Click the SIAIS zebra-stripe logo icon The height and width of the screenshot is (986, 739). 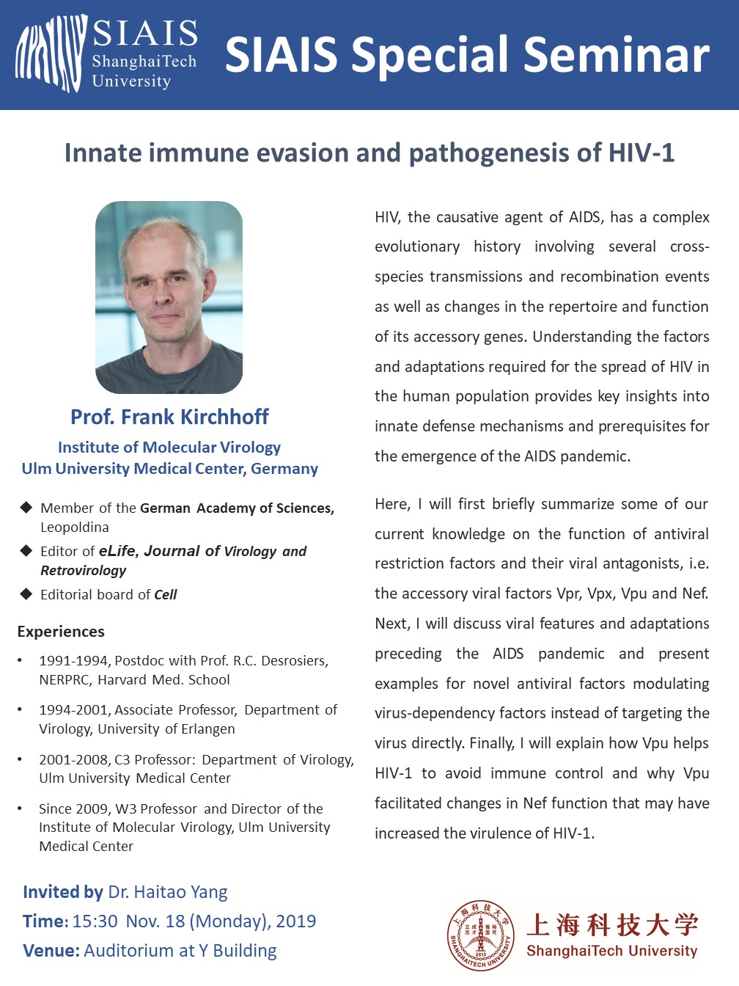[x=51, y=54]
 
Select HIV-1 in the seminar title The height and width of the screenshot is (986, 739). [x=641, y=153]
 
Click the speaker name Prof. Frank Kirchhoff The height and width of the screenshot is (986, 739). [x=169, y=417]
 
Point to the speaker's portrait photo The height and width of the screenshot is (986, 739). [x=169, y=297]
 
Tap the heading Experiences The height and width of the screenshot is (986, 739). [x=61, y=632]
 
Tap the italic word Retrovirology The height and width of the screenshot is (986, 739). [x=83, y=571]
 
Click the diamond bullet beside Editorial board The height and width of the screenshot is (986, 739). [x=26, y=594]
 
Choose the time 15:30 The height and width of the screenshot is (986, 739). [x=95, y=921]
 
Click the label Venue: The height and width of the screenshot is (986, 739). [x=51, y=951]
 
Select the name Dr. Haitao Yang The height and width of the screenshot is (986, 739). [x=168, y=892]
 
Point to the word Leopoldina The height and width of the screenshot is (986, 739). [x=75, y=527]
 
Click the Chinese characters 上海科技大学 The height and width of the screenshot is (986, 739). [x=612, y=925]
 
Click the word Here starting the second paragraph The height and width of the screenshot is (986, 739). [x=392, y=504]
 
